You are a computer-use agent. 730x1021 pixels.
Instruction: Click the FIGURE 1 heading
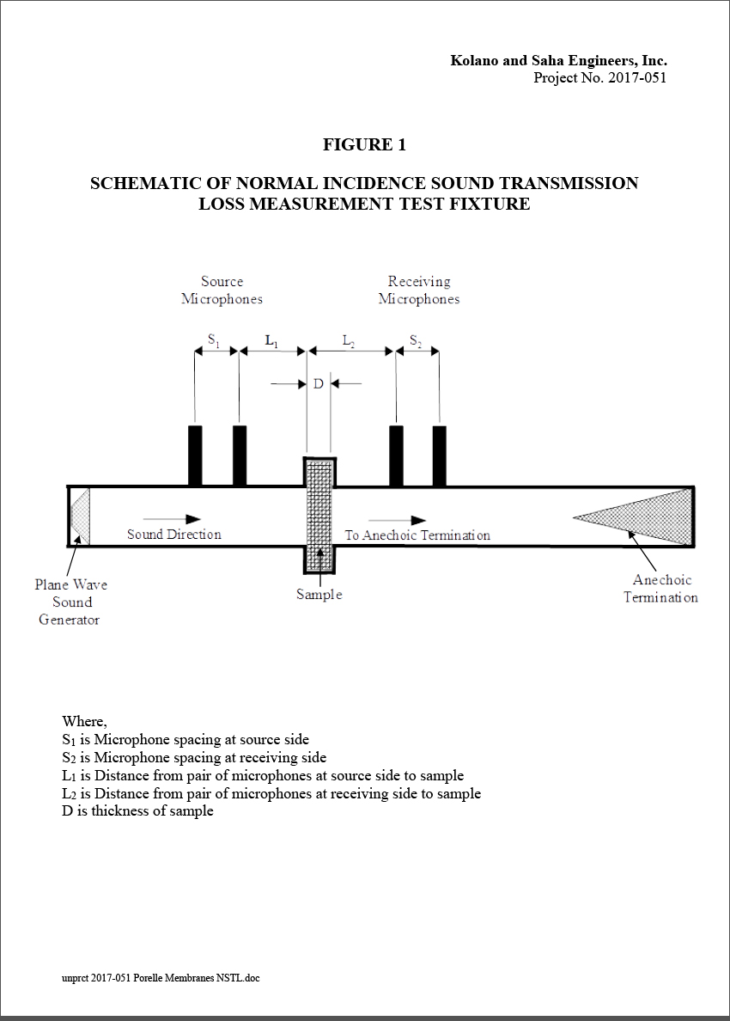click(364, 144)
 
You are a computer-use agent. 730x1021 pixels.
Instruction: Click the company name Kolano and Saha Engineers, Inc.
click(558, 60)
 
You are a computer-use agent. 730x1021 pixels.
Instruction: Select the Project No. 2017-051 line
click(599, 78)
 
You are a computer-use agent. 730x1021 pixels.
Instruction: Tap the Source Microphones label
click(222, 290)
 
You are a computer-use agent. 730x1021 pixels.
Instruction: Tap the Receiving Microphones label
click(419, 290)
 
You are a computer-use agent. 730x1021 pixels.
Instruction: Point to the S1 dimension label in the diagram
click(214, 340)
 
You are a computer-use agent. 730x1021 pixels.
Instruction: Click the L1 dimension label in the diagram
click(271, 340)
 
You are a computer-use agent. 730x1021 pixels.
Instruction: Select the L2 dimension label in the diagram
click(350, 340)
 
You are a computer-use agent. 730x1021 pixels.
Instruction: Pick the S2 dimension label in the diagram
click(416, 340)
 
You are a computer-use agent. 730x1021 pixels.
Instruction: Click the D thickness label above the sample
click(318, 383)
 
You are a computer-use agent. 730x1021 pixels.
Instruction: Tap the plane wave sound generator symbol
click(80, 516)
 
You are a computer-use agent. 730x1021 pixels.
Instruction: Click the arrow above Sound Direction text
click(172, 519)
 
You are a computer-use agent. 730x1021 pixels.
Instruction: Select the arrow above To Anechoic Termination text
click(397, 520)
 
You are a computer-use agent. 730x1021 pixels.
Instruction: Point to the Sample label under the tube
click(319, 595)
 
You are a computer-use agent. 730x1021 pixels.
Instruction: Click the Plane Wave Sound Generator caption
click(70, 602)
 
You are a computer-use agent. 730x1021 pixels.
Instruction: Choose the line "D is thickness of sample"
click(137, 810)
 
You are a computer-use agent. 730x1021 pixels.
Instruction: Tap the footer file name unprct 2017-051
click(161, 977)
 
